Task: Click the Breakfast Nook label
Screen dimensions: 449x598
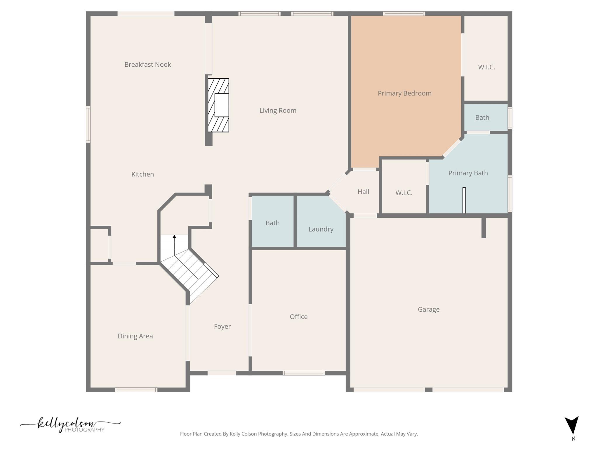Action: click(x=147, y=65)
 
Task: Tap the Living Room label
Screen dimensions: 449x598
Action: click(x=278, y=110)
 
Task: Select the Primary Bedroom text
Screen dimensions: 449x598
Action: click(x=404, y=93)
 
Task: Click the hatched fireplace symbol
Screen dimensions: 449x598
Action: click(x=218, y=105)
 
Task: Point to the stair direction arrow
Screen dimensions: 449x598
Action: click(x=174, y=237)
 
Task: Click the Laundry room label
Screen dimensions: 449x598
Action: click(x=321, y=229)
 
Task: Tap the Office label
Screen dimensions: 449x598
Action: click(x=298, y=317)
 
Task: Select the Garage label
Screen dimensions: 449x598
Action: click(x=428, y=309)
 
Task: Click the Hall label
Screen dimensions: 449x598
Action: click(x=363, y=192)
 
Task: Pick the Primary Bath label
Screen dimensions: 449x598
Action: click(x=468, y=173)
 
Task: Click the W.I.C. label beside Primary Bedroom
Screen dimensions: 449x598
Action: click(x=486, y=67)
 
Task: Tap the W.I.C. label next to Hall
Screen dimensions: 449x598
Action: click(x=404, y=193)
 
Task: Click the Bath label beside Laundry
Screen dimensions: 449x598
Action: click(x=272, y=223)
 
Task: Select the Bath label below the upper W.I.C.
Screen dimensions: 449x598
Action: click(x=482, y=118)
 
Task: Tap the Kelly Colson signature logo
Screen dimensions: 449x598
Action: click(x=70, y=425)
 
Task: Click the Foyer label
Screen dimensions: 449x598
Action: click(x=222, y=327)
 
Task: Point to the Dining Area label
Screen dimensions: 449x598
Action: click(x=135, y=336)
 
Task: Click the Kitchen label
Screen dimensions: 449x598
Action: click(x=142, y=174)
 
